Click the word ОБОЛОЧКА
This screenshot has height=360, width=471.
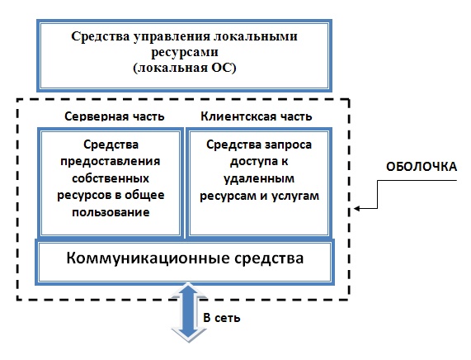point(422,167)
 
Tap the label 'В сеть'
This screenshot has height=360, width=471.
point(222,318)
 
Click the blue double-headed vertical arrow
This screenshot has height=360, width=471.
point(189,312)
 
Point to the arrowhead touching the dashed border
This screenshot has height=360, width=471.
point(357,208)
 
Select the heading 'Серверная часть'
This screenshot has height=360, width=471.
point(115,116)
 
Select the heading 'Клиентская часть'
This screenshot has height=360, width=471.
point(257,116)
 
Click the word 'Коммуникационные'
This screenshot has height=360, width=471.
point(148,258)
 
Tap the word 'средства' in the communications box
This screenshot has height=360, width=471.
point(269,258)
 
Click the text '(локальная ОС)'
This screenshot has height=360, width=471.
point(185,68)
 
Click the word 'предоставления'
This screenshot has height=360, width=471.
point(111,162)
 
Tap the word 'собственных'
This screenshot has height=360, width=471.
point(111,178)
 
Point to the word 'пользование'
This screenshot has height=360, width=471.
point(111,212)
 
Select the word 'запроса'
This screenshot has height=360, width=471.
point(289,145)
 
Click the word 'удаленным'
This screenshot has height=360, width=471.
point(259,179)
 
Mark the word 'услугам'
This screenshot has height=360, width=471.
point(295,196)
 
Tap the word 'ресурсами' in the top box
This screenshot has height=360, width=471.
point(185,52)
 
